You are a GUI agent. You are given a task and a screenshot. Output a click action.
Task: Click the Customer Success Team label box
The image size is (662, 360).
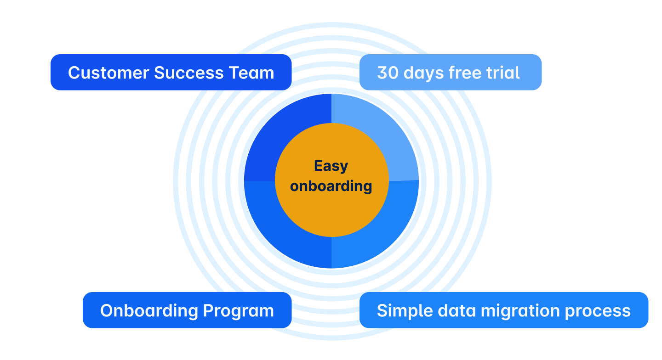pos(171,72)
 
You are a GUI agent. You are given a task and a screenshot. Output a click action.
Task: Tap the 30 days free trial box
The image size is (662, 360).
pos(450,72)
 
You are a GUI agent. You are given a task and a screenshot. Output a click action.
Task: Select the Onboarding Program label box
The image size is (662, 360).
pos(187,310)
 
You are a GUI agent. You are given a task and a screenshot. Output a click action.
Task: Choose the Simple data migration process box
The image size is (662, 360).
pos(503,310)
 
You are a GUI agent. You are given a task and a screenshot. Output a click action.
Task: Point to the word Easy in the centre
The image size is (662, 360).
pos(331,166)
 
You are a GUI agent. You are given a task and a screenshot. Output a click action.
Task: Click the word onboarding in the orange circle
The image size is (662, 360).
pos(331,186)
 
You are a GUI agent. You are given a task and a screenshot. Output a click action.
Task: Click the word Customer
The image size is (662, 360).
pos(108,73)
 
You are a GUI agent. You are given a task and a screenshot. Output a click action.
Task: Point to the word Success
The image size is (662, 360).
pos(189,73)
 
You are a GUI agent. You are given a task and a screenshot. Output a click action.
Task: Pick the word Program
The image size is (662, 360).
pos(238,311)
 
